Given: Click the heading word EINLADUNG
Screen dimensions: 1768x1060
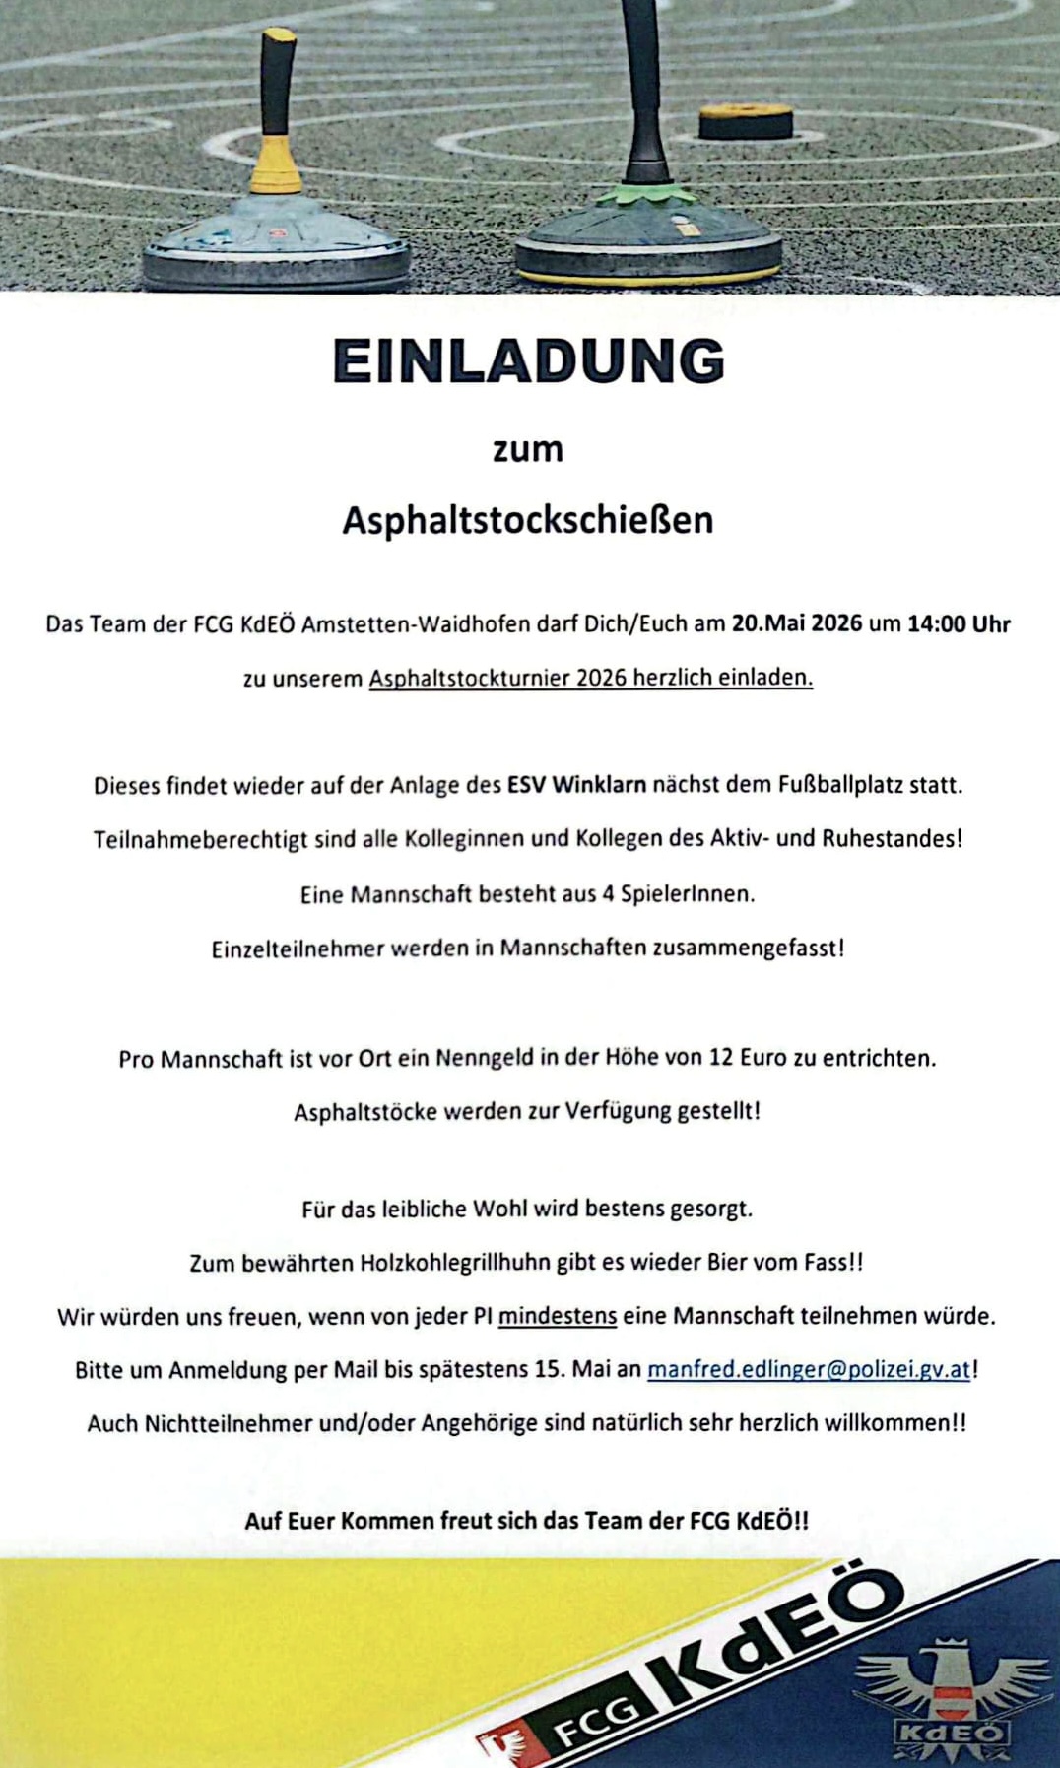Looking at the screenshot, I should coord(529,361).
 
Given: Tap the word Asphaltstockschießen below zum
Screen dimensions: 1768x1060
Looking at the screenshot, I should coord(528,520).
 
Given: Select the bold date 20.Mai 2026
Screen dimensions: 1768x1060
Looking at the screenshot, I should coord(796,623).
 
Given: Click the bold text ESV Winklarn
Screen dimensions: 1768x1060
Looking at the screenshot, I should coord(576,785).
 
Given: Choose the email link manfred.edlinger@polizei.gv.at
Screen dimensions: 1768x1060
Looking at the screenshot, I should coord(809,1369).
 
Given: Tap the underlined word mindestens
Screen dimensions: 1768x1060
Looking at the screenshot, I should coord(558,1316).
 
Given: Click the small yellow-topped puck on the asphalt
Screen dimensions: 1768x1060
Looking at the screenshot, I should coord(746,120).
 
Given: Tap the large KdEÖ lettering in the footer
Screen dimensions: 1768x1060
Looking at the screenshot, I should coord(778,1634).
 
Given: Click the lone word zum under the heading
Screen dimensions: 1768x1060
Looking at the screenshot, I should coord(528,449).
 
